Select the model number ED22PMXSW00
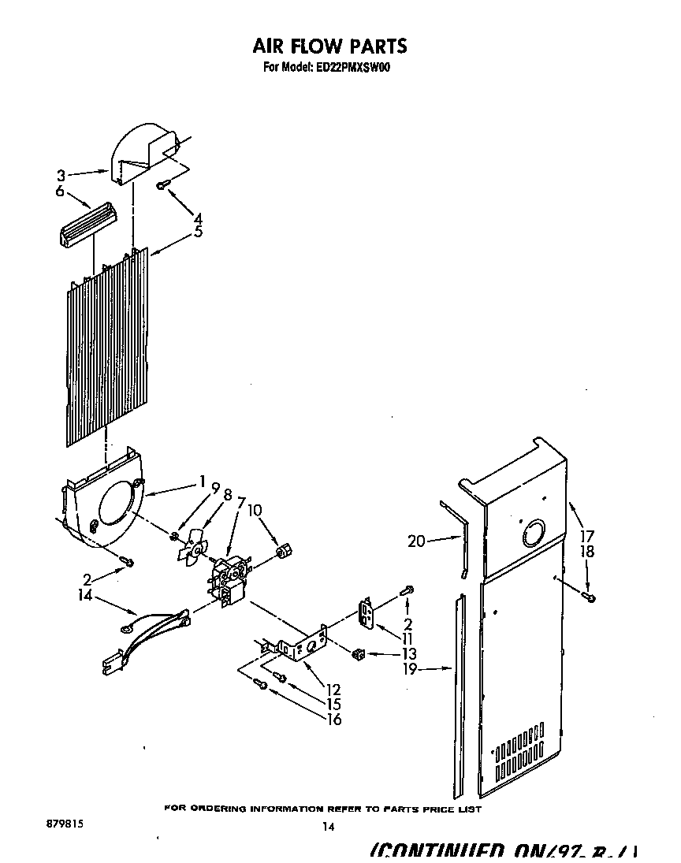(358, 68)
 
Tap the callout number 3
(60, 175)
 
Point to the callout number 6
(60, 192)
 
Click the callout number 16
(333, 719)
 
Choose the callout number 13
(408, 653)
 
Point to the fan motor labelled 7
(229, 579)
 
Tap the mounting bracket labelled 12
(303, 647)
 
